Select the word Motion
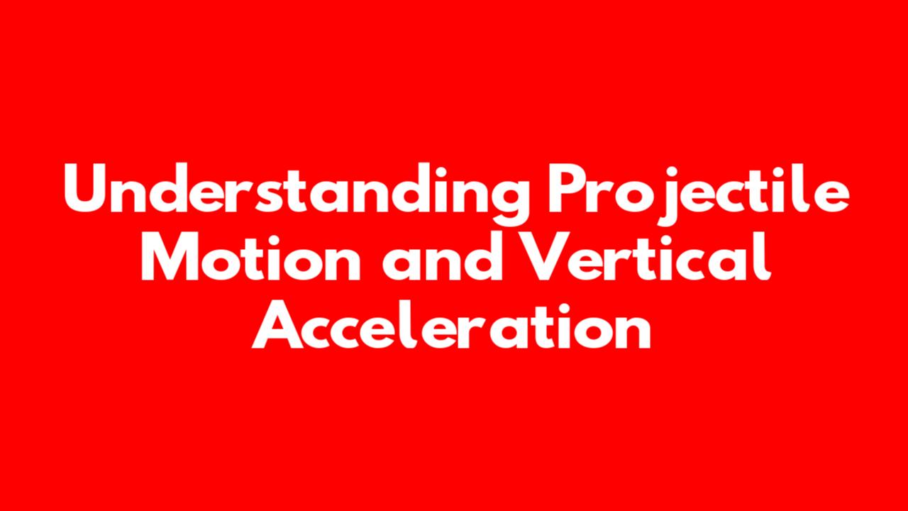[x=251, y=256]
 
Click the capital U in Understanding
[x=85, y=188]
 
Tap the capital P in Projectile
[x=567, y=188]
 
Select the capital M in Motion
[x=170, y=257]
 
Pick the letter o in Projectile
[x=635, y=194]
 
